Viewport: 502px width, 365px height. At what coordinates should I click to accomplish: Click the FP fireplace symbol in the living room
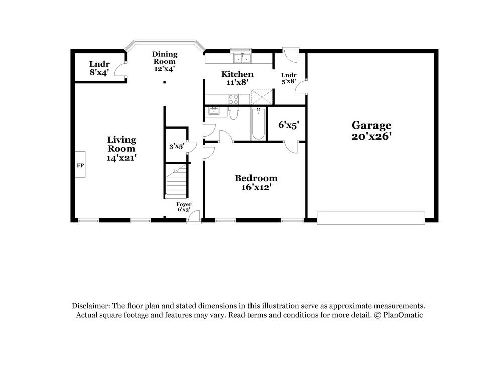coord(80,164)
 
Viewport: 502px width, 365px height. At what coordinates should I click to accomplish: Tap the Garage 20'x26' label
coord(371,130)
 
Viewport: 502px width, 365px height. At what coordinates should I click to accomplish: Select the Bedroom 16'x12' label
coord(256,183)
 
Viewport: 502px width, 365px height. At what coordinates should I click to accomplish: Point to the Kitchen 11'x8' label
coord(237,78)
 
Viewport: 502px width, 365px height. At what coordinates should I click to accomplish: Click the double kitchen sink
coord(242,59)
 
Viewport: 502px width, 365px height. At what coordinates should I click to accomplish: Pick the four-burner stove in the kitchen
coord(233,99)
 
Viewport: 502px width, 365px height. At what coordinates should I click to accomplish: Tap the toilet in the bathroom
coord(233,114)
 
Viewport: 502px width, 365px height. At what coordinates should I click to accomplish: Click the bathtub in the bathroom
coord(259,124)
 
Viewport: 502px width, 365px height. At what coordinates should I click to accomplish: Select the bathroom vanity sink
coord(213,111)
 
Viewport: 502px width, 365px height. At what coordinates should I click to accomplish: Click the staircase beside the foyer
coord(176,182)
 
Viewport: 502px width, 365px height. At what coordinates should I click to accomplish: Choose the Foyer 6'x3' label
coord(183,207)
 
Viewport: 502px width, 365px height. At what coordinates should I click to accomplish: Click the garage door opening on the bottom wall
coord(371,218)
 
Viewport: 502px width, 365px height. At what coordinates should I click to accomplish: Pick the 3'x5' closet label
coord(176,146)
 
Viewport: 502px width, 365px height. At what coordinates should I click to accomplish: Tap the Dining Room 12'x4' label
coord(164,61)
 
